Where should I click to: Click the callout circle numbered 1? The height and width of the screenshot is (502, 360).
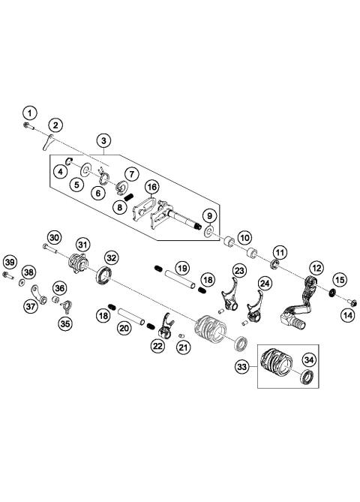point(28,113)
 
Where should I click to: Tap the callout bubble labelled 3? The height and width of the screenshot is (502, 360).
point(103,140)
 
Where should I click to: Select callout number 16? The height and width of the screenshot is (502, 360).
point(152,187)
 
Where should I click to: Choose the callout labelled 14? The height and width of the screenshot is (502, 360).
point(348,316)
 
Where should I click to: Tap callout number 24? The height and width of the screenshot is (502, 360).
point(265,284)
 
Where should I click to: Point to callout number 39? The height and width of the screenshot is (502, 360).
point(8,261)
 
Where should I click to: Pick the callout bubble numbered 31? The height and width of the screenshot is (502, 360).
point(82,244)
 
